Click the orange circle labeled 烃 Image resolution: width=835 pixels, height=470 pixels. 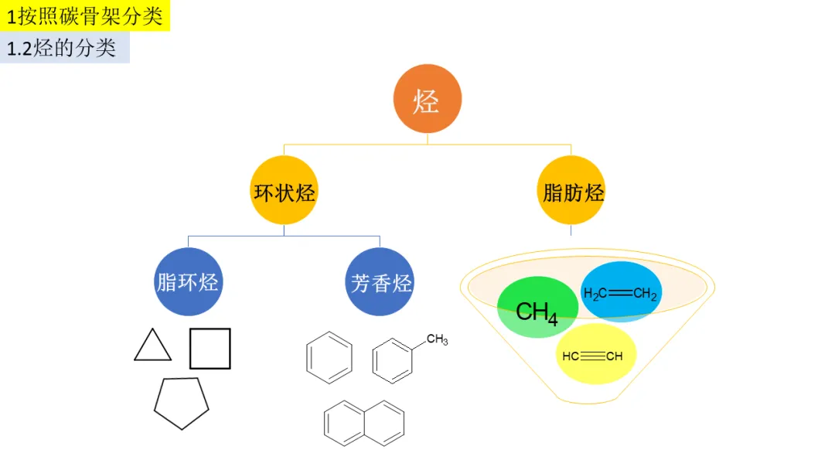pyautogui.click(x=427, y=100)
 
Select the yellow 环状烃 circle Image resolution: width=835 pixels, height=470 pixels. pyautogui.click(x=285, y=191)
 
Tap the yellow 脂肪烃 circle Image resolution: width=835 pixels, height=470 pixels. pyautogui.click(x=571, y=191)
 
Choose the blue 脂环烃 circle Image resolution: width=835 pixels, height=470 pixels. pyautogui.click(x=188, y=281)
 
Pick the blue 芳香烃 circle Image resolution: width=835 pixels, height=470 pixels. pyautogui.click(x=380, y=282)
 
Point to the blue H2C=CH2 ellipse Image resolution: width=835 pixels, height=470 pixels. pyautogui.click(x=622, y=291)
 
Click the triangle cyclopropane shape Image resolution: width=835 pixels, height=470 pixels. pyautogui.click(x=152, y=346)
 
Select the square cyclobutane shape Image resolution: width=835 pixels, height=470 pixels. pyautogui.click(x=210, y=348)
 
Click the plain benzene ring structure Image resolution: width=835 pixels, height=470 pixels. pyautogui.click(x=329, y=357)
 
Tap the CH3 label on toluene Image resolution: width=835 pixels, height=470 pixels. pyautogui.click(x=437, y=339)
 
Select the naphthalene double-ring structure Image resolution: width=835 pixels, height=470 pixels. pyautogui.click(x=364, y=423)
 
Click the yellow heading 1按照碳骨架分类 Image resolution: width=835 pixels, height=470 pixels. pyautogui.click(x=85, y=16)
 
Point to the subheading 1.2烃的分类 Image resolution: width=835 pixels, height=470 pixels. pyautogui.click(x=63, y=48)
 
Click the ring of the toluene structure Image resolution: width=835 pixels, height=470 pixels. pyautogui.click(x=392, y=359)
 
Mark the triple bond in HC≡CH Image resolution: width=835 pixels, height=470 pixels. pyautogui.click(x=593, y=356)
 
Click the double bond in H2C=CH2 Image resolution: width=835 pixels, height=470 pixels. pyautogui.click(x=620, y=294)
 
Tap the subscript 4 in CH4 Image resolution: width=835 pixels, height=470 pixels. pyautogui.click(x=551, y=317)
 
